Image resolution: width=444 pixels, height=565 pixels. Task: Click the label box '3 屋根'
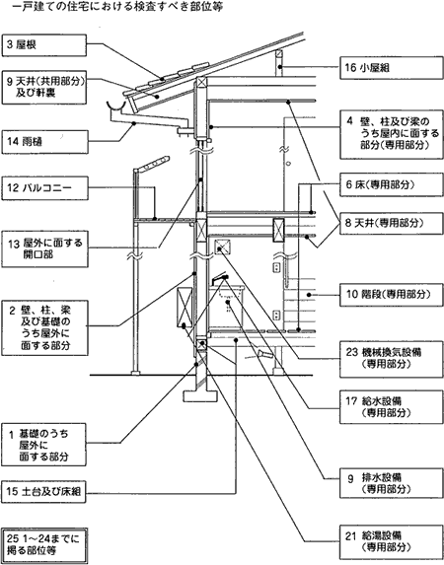point(44,45)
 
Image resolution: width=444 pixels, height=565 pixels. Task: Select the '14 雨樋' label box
point(44,142)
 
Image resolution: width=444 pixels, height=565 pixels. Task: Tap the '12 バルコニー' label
point(44,188)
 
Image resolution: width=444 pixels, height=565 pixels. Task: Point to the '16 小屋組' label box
point(392,68)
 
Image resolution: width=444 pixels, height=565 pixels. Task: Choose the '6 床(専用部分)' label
point(392,185)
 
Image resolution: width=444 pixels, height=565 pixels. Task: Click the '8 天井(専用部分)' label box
point(392,224)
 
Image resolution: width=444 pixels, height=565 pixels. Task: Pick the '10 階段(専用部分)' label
point(392,295)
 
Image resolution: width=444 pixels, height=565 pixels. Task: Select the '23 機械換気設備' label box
point(392,359)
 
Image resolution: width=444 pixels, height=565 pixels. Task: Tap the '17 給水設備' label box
point(392,407)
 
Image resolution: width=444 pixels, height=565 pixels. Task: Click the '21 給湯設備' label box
point(392,542)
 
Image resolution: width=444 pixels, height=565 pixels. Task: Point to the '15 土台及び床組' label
point(43,491)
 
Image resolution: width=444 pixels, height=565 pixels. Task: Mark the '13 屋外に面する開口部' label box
point(44,249)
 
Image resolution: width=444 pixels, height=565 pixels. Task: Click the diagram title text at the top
point(111,7)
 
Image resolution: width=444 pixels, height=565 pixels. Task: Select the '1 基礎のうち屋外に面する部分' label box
point(43,445)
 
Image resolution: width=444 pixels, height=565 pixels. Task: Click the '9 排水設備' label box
point(392,483)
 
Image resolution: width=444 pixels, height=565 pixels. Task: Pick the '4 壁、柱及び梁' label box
point(392,135)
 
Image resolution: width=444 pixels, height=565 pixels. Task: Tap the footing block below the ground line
point(200,396)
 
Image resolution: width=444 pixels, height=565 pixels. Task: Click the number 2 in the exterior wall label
point(12,311)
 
